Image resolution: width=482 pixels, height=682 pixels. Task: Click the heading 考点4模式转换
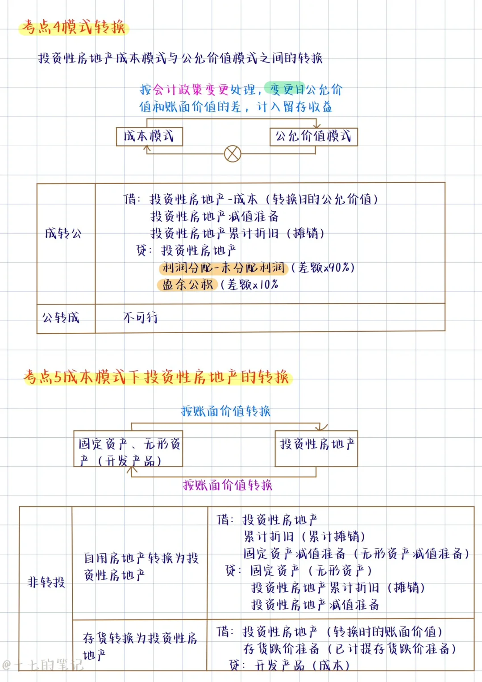pyautogui.click(x=74, y=27)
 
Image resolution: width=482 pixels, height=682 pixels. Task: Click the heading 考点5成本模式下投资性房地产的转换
pyautogui.click(x=157, y=377)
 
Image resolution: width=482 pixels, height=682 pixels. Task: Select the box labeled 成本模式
pyautogui.click(x=150, y=136)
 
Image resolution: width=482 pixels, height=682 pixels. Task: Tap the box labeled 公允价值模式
pyautogui.click(x=313, y=136)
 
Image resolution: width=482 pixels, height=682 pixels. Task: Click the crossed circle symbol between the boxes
pyautogui.click(x=232, y=154)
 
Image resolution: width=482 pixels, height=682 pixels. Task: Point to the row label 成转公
pyautogui.click(x=63, y=233)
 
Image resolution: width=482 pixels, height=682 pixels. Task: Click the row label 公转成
pyautogui.click(x=61, y=318)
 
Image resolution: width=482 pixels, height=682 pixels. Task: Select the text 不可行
pyautogui.click(x=140, y=318)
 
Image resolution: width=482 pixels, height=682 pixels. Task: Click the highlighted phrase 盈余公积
pyautogui.click(x=187, y=285)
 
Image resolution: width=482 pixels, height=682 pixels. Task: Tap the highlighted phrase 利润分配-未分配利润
pyautogui.click(x=223, y=268)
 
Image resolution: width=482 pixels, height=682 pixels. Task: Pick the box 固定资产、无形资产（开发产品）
pyautogui.click(x=129, y=449)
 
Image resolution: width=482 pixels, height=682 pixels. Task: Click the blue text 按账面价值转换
pyautogui.click(x=226, y=411)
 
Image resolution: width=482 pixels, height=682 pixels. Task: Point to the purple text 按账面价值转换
pyautogui.click(x=228, y=485)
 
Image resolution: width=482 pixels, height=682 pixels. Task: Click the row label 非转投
pyautogui.click(x=46, y=582)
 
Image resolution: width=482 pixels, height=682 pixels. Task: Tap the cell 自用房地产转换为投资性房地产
pyautogui.click(x=141, y=566)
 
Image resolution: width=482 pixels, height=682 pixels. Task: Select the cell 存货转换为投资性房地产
pyautogui.click(x=140, y=646)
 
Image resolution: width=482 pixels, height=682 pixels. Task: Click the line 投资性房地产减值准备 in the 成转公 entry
pyautogui.click(x=214, y=217)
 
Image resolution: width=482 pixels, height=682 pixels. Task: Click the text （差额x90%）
pyautogui.click(x=323, y=268)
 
